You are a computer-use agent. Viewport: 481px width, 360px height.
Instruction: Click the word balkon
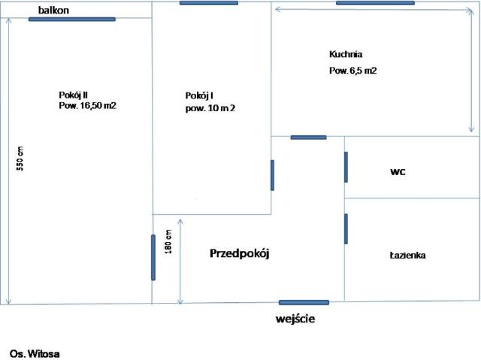coord(53,10)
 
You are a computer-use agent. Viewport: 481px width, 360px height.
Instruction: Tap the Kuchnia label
coord(346,54)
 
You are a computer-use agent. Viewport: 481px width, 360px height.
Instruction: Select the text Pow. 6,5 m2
coord(352,71)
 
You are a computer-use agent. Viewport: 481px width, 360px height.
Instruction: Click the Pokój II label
coord(74,95)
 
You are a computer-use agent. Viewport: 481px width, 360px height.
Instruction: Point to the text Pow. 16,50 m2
coord(87,105)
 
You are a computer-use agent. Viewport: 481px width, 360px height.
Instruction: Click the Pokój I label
coord(199,95)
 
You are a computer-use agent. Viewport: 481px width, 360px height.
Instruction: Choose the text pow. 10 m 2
coord(210,108)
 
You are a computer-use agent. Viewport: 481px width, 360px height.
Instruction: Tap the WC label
coord(398,171)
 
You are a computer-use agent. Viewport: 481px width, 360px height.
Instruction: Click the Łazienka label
coord(407,255)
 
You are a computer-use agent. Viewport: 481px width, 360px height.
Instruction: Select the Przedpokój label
coord(240,253)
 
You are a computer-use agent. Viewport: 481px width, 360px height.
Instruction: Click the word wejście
coord(295,319)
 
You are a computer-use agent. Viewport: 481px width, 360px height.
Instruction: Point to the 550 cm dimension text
coord(20,159)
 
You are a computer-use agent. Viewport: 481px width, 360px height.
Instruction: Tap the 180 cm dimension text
coord(168,242)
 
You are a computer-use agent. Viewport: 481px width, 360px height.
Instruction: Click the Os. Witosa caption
coord(35,354)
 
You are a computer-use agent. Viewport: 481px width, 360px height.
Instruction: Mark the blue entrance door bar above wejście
coord(304,303)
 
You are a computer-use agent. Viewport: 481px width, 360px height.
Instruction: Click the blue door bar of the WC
coord(346,167)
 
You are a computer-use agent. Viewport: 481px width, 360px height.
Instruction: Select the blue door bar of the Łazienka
coord(346,229)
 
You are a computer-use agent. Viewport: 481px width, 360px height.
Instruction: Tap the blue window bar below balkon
coord(72,20)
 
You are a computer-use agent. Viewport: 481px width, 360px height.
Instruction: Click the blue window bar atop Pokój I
coord(209,3)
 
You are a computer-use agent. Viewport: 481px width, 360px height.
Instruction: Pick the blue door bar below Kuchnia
coord(309,138)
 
